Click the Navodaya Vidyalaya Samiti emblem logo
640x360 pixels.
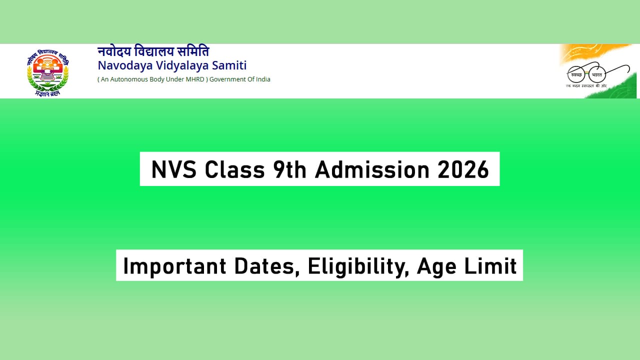point(47,73)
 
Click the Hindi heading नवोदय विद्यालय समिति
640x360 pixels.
point(153,51)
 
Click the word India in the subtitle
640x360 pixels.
point(261,79)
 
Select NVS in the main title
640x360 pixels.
point(173,170)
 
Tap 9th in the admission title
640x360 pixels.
point(290,170)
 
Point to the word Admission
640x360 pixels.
point(371,170)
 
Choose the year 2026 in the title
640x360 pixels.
point(463,170)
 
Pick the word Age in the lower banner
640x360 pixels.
point(437,266)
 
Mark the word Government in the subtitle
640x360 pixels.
point(229,79)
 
